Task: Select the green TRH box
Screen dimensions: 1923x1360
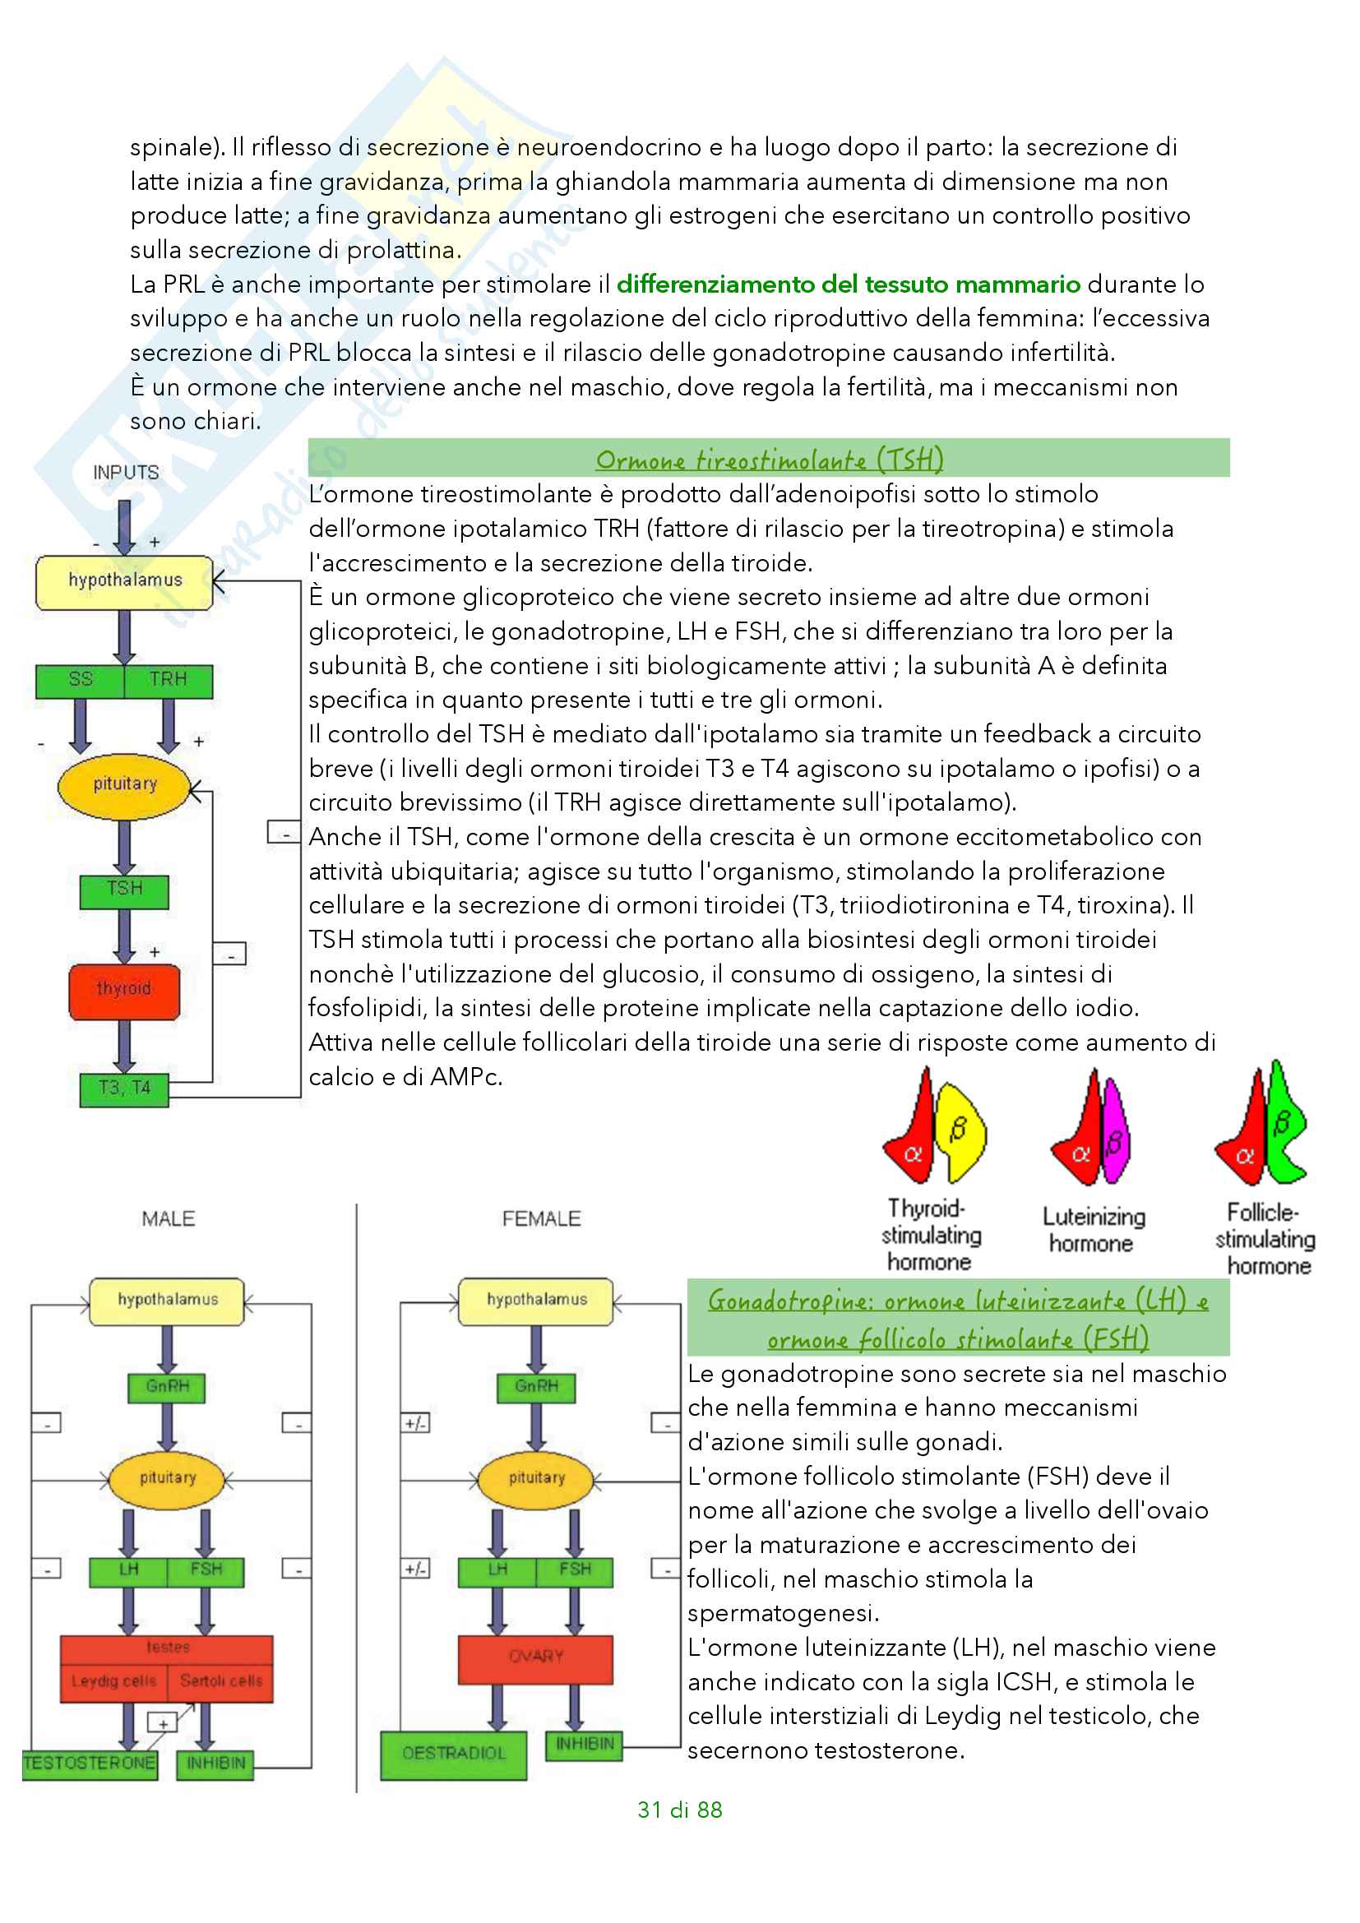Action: (169, 681)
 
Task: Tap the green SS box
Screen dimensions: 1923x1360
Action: (81, 681)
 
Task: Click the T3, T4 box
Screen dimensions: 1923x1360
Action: (124, 1089)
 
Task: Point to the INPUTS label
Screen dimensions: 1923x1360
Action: (126, 473)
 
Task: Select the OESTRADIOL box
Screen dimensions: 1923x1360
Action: (453, 1755)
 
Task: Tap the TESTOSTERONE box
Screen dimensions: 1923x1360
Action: (90, 1764)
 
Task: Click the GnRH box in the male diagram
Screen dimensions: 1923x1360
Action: (168, 1388)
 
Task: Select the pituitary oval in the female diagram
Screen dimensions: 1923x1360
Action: (536, 1480)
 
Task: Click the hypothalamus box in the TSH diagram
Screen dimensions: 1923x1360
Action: (125, 581)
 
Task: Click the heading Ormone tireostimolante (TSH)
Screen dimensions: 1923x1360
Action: (769, 459)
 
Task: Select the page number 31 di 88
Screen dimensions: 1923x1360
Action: (679, 1810)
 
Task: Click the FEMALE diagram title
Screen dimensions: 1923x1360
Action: (541, 1218)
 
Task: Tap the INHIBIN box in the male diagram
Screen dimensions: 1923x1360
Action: (215, 1764)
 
